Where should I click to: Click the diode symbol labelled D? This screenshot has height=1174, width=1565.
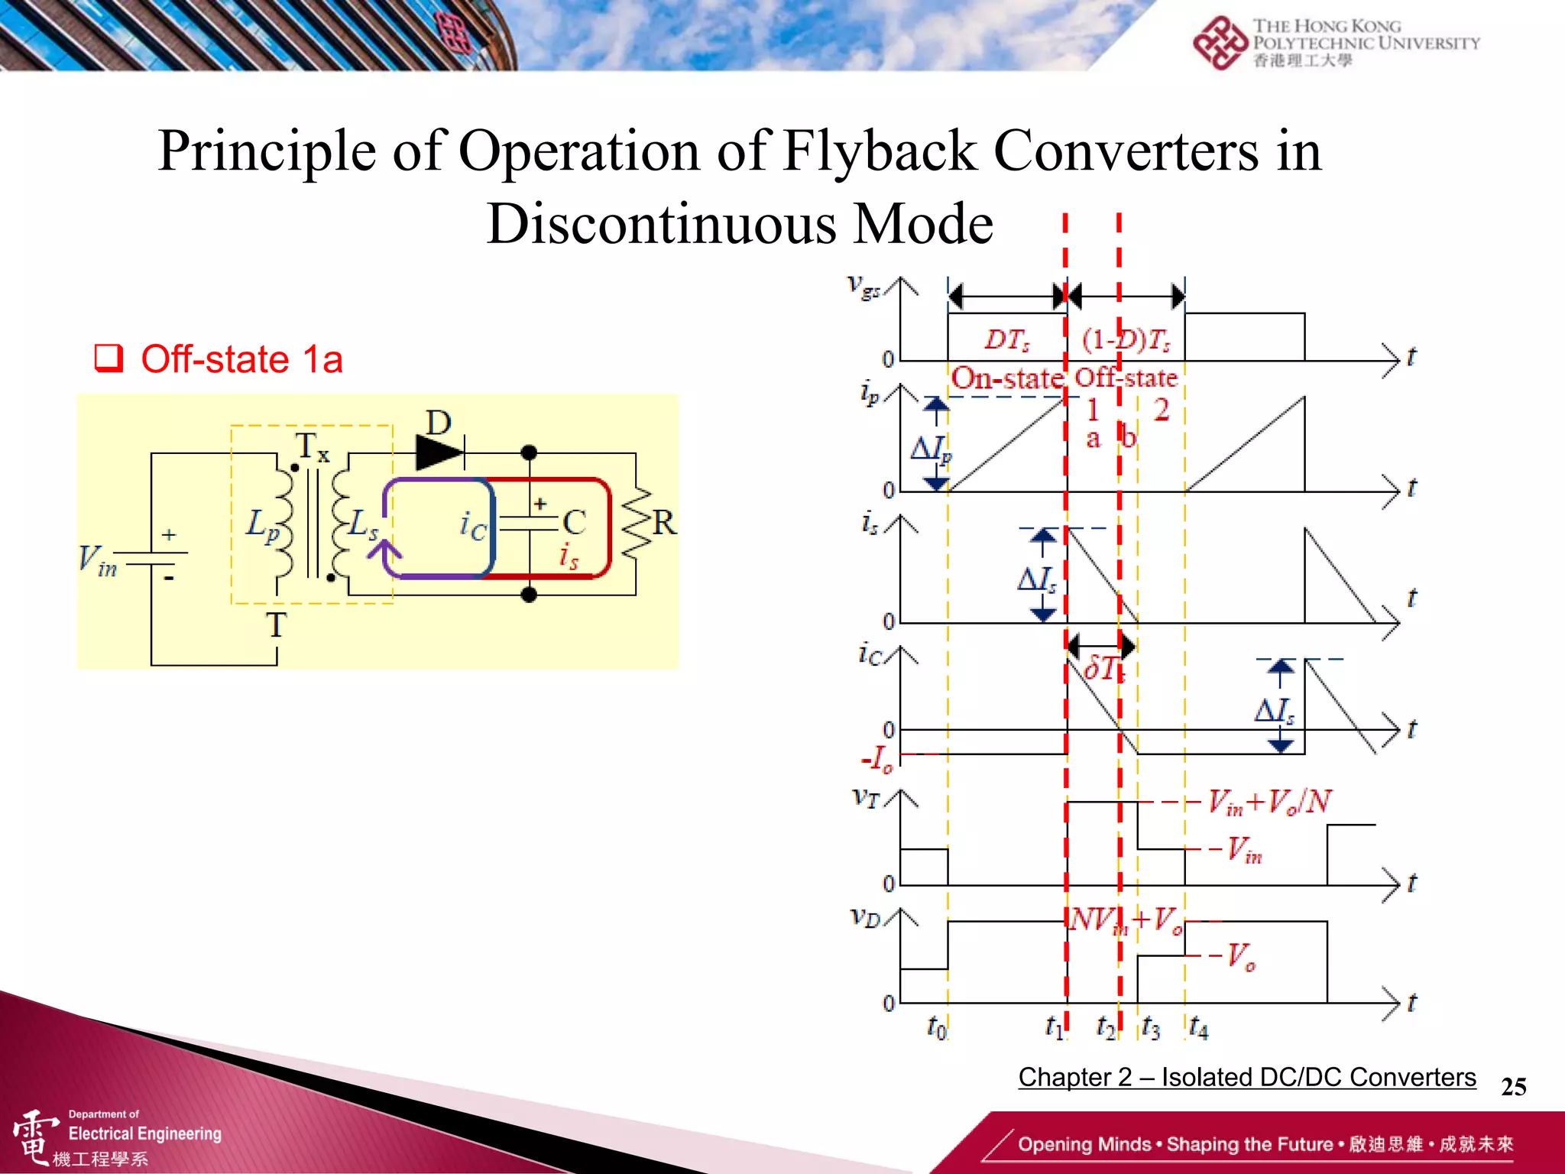[440, 452]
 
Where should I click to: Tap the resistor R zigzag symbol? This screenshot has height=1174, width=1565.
[637, 524]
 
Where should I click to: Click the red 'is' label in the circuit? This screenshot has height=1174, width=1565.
[569, 556]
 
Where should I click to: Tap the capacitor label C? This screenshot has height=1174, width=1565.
[575, 523]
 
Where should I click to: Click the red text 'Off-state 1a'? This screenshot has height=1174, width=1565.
[241, 359]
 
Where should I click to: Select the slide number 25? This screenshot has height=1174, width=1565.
[1513, 1087]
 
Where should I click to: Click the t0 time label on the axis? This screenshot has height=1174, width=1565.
[937, 1027]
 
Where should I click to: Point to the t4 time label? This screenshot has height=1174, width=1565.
[1198, 1027]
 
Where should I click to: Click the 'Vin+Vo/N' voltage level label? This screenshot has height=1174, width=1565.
[1269, 802]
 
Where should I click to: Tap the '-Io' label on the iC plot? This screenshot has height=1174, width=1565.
[877, 759]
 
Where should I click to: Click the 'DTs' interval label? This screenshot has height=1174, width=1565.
[1006, 339]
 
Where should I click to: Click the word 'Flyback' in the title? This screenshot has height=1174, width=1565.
[880, 151]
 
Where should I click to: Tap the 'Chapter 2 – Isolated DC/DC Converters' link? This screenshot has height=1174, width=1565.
[1246, 1077]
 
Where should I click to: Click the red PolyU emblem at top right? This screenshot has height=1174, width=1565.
[1220, 43]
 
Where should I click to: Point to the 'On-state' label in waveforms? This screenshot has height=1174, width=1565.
[1007, 378]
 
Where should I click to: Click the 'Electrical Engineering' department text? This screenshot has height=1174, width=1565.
[144, 1133]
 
